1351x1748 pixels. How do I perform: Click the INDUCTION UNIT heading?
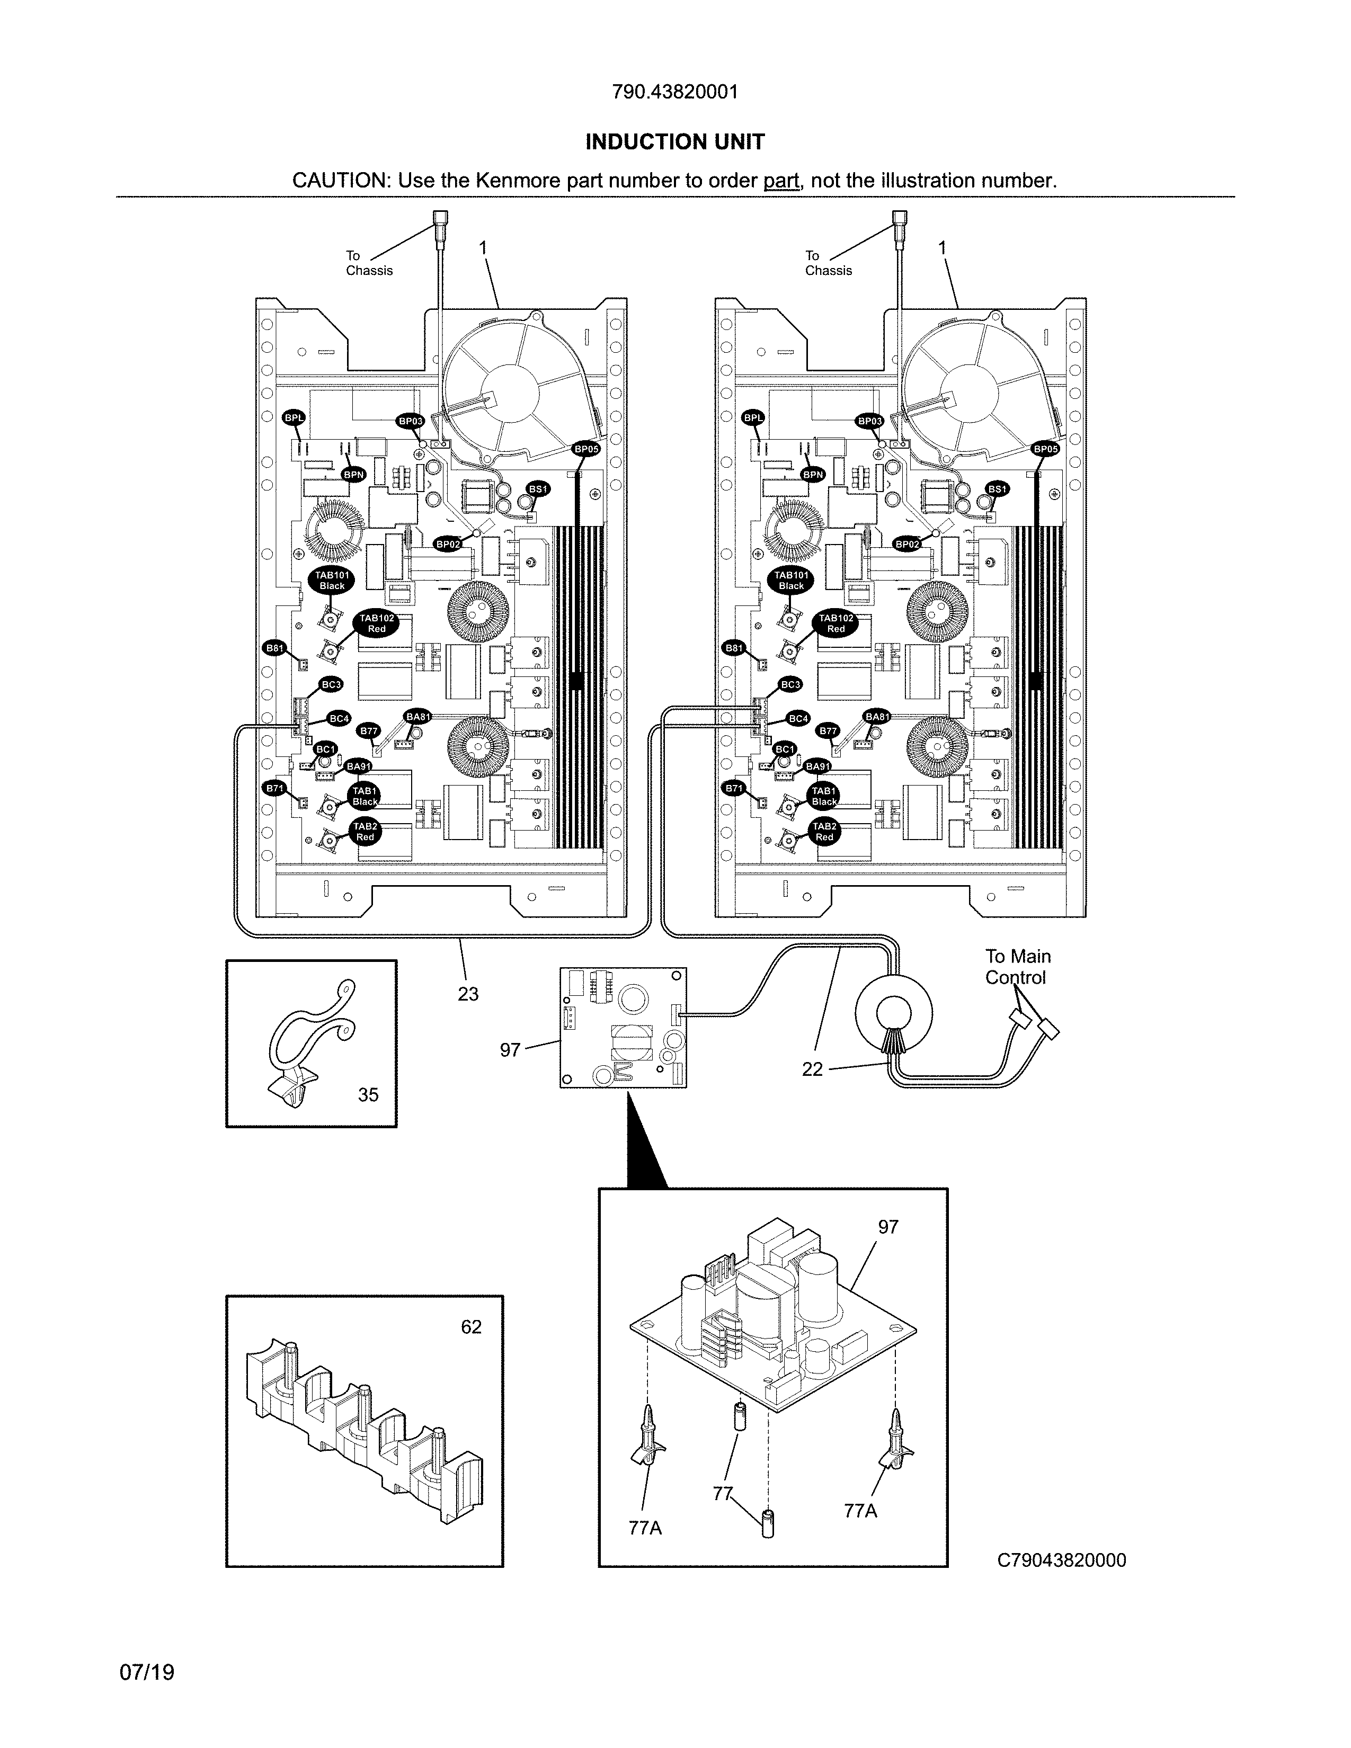[674, 142]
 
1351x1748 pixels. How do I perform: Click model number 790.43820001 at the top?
[674, 92]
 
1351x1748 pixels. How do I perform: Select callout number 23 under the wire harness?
[468, 994]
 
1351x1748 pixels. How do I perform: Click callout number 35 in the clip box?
[368, 1095]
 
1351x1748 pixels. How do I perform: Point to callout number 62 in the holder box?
[472, 1327]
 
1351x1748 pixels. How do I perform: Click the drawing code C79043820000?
[1061, 1560]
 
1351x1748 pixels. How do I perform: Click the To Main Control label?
[1017, 967]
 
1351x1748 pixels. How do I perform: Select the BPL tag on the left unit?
[294, 418]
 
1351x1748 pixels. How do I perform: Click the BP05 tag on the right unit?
[1046, 450]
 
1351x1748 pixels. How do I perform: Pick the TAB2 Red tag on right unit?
[824, 832]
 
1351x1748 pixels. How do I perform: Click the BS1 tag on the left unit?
[538, 489]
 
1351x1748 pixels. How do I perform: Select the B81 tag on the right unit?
[734, 648]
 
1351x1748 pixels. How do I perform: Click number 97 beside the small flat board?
[510, 1050]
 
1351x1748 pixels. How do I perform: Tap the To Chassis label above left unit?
[369, 263]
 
